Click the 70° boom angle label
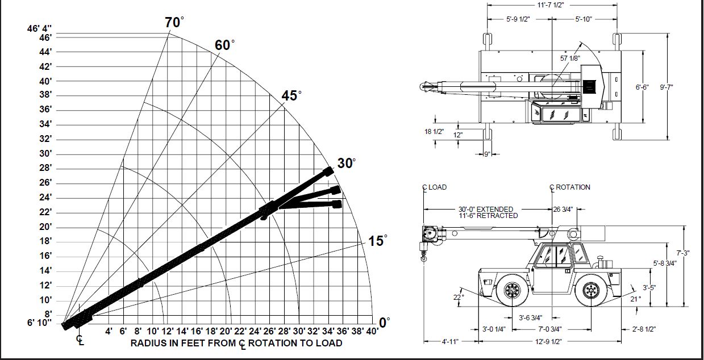tap(174, 22)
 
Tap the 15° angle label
tap(377, 241)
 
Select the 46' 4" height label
tap(39, 28)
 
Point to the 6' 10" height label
tap(39, 323)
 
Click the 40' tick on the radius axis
tap(372, 331)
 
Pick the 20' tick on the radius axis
tap(226, 331)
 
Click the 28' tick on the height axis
tap(45, 168)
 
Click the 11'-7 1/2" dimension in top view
tap(551, 5)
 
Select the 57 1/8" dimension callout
tap(570, 58)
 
